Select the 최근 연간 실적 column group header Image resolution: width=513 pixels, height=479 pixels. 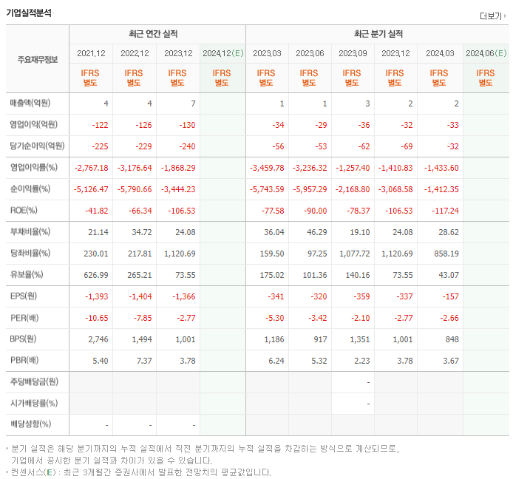tap(157, 34)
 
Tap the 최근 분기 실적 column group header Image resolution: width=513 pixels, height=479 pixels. tap(378, 34)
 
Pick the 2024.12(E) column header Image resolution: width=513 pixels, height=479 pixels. tap(222, 54)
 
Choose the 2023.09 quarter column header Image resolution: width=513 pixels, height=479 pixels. tap(353, 54)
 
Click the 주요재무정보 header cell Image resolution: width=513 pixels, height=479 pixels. tap(37, 59)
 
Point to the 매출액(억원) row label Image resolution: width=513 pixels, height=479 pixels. tap(35, 103)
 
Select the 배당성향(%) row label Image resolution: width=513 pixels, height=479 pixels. tap(30, 424)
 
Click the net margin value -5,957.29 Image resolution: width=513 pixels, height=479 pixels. tap(310, 189)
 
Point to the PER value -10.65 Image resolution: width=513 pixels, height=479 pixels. tap(96, 318)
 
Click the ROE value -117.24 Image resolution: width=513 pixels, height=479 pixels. tap(442, 211)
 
